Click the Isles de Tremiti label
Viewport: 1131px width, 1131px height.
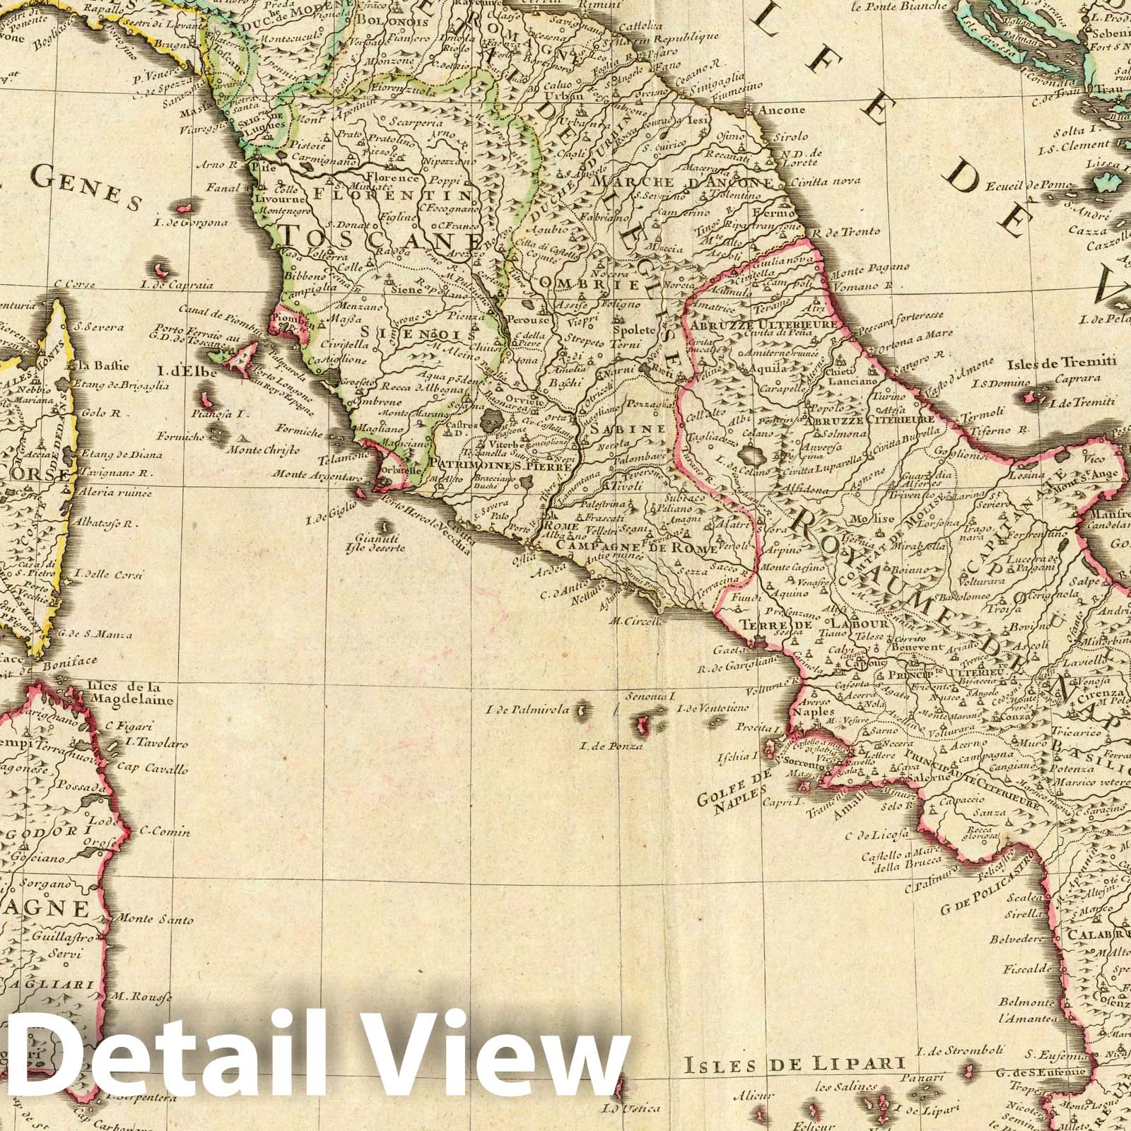click(x=1062, y=363)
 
